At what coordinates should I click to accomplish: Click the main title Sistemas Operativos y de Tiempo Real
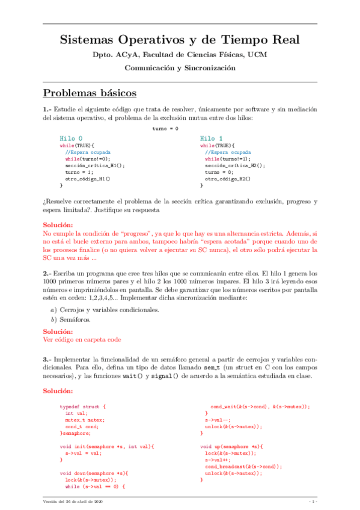[x=180, y=40]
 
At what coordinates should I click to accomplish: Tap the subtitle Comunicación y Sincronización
[x=180, y=68]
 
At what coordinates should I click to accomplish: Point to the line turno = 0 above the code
[x=165, y=129]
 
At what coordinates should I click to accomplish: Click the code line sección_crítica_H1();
[x=95, y=165]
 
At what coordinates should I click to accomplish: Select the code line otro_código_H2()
[x=228, y=179]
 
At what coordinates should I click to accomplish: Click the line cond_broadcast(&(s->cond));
[x=243, y=467]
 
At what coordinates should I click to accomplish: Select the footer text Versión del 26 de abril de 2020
[x=73, y=502]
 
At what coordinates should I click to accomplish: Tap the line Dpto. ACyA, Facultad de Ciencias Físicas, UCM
[x=180, y=55]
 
